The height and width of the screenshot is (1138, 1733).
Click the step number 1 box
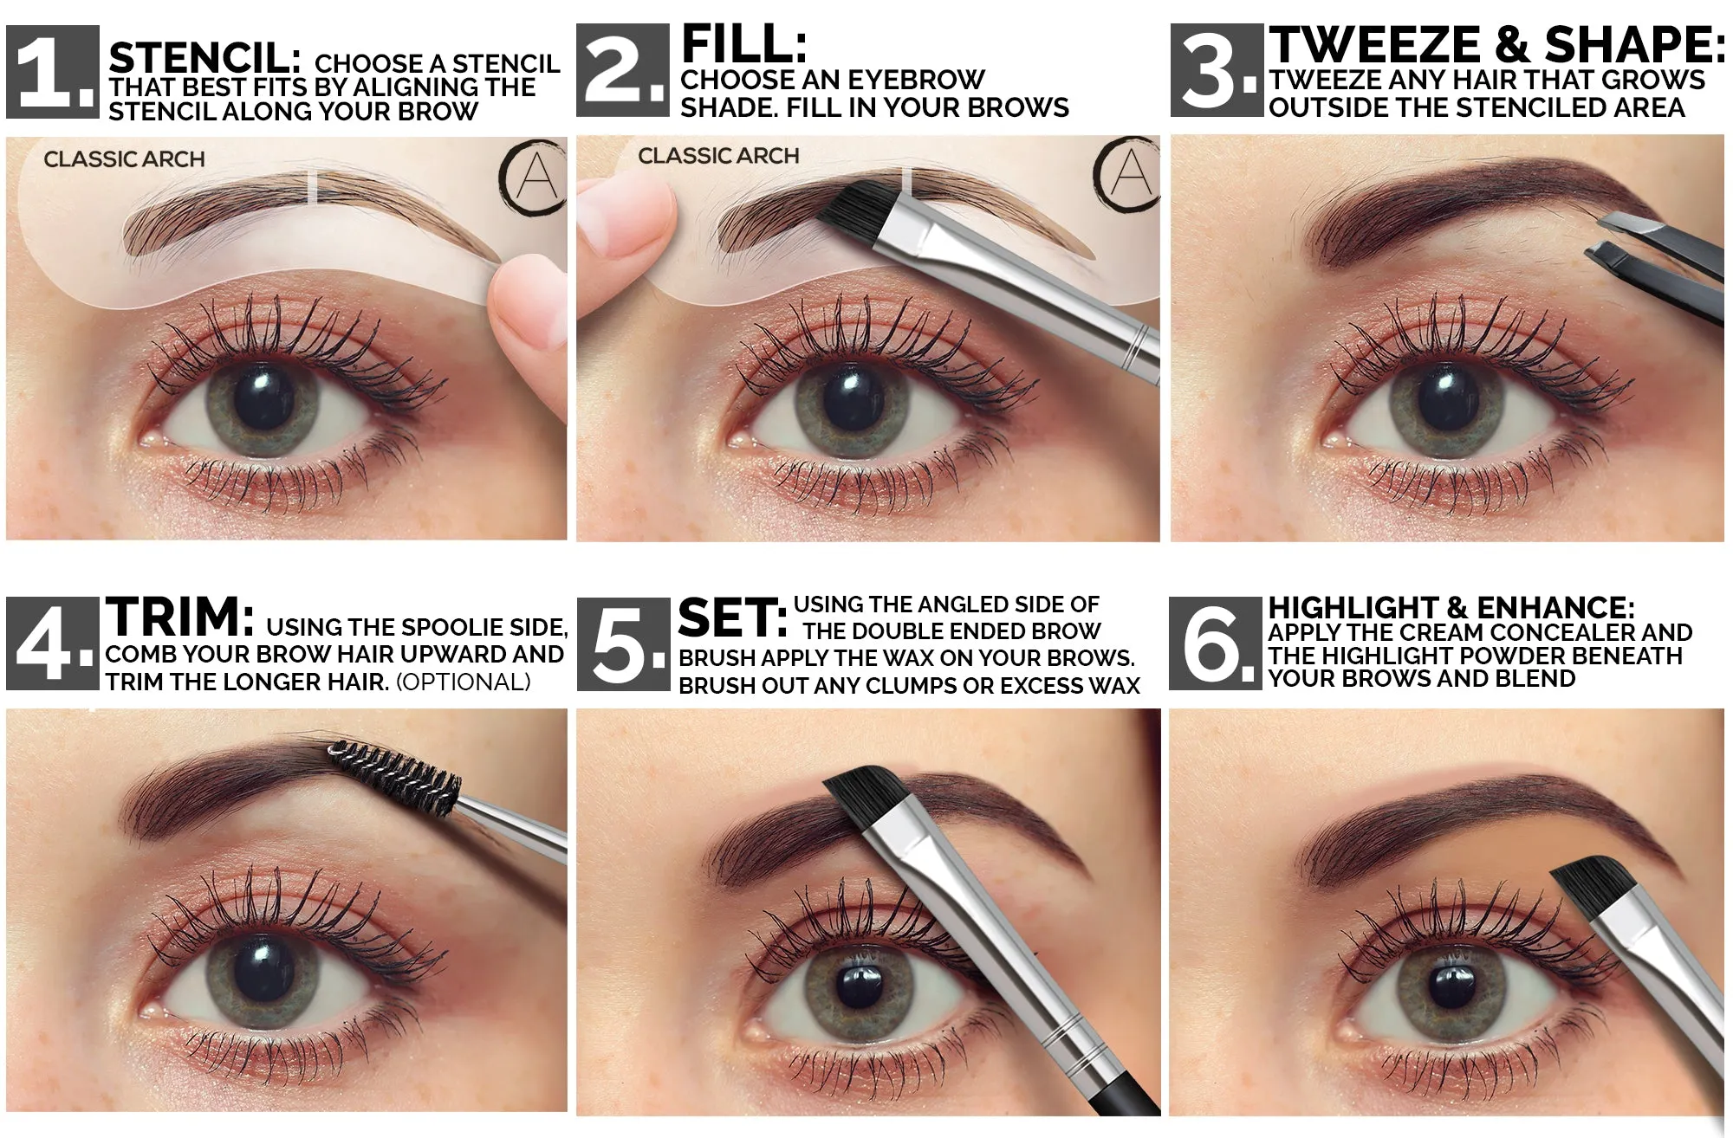53,72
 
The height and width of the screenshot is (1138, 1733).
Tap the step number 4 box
53,643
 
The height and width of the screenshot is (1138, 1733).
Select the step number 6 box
1215,643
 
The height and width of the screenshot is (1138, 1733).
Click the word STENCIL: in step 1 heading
204,59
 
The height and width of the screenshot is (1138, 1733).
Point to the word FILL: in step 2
744,43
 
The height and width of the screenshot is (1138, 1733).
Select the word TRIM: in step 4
180,617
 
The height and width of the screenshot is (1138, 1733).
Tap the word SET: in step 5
732,618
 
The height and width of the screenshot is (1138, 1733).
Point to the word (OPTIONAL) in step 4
464,682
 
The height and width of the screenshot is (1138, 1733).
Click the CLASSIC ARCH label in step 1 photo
125,159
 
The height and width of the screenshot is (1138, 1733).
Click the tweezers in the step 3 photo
1655,260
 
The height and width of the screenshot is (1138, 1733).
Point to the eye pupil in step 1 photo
263,398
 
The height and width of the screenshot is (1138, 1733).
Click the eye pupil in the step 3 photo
1448,397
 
